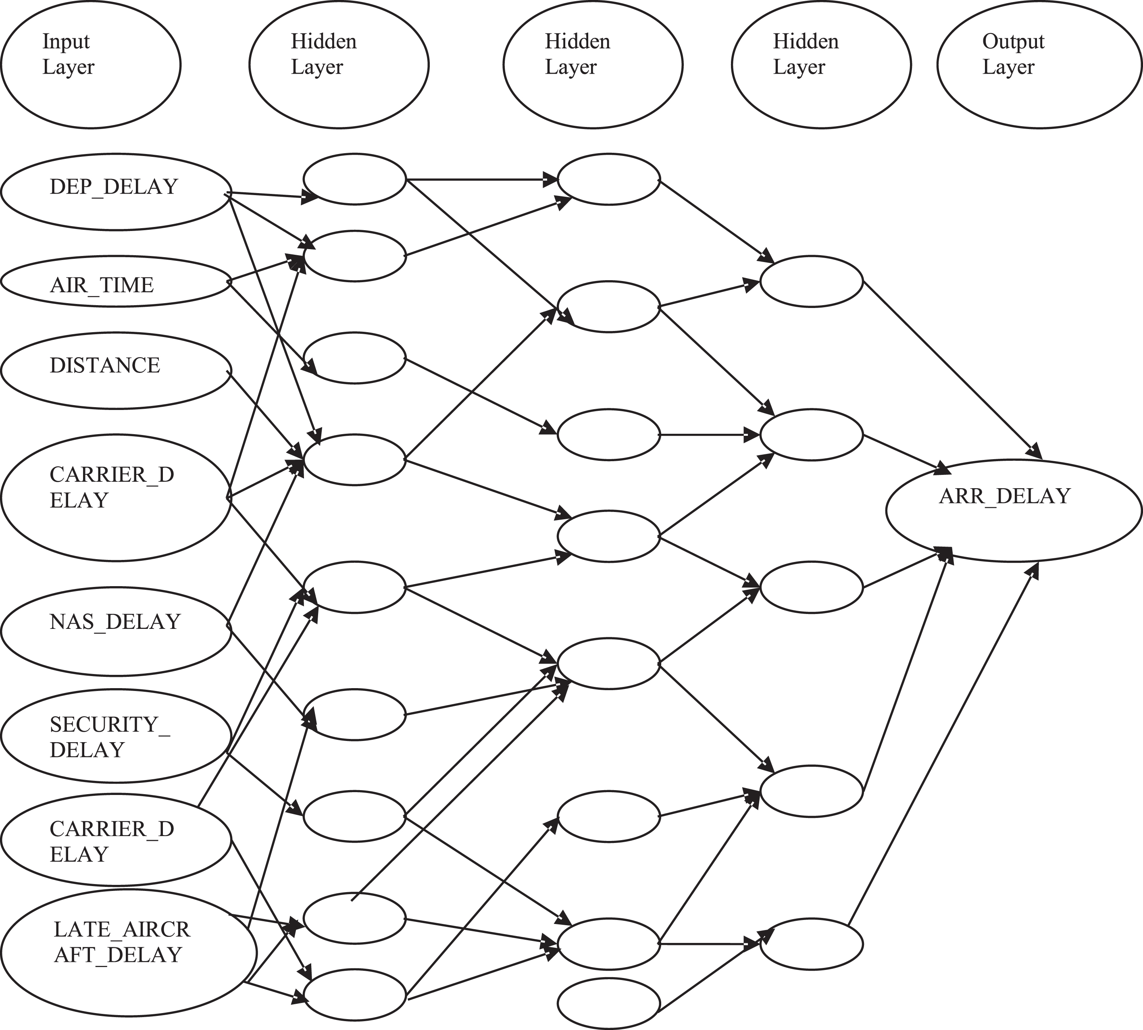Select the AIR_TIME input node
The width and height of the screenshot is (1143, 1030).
pyautogui.click(x=116, y=282)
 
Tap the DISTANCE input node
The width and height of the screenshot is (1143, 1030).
pyautogui.click(x=116, y=371)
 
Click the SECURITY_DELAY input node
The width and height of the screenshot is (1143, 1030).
pyautogui.click(x=116, y=736)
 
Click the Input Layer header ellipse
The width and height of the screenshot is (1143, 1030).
pyautogui.click(x=91, y=64)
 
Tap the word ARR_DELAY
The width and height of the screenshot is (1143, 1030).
pyautogui.click(x=1005, y=496)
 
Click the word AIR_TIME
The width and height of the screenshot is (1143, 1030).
pyautogui.click(x=102, y=285)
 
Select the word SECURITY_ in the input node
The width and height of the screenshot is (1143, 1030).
pyautogui.click(x=110, y=725)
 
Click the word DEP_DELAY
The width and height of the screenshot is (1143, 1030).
pyautogui.click(x=114, y=187)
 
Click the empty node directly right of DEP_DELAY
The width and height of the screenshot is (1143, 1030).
pyautogui.click(x=355, y=179)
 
